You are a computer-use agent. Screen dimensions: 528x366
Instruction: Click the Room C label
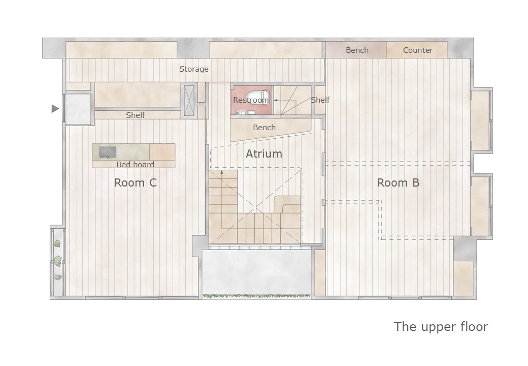[x=136, y=182]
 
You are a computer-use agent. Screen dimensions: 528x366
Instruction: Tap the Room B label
[x=398, y=182]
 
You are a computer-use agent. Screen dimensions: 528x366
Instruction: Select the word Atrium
[x=264, y=154]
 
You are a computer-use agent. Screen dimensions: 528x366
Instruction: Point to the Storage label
[x=193, y=69]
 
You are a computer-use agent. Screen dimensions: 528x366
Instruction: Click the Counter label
[x=417, y=50]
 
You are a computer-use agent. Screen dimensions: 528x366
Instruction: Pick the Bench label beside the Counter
[x=357, y=50]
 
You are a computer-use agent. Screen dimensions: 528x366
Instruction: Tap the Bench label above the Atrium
[x=264, y=128]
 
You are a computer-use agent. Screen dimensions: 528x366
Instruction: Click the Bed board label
[x=135, y=165]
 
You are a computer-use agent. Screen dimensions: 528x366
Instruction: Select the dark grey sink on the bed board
[x=108, y=152]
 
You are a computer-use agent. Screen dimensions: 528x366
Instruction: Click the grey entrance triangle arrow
[x=55, y=108]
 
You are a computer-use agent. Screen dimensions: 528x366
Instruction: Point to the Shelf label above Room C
[x=136, y=115]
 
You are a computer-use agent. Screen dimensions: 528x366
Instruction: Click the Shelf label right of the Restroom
[x=320, y=100]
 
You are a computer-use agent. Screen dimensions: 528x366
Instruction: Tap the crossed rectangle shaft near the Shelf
[x=189, y=101]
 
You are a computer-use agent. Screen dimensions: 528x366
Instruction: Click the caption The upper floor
[x=441, y=326]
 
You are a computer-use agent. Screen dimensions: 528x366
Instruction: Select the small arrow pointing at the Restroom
[x=276, y=100]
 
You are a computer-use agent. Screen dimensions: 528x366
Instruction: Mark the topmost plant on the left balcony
[x=57, y=243]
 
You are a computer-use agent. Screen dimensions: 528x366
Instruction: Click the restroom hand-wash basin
[x=241, y=112]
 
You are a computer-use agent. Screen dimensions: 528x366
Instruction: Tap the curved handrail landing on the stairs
[x=287, y=204]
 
